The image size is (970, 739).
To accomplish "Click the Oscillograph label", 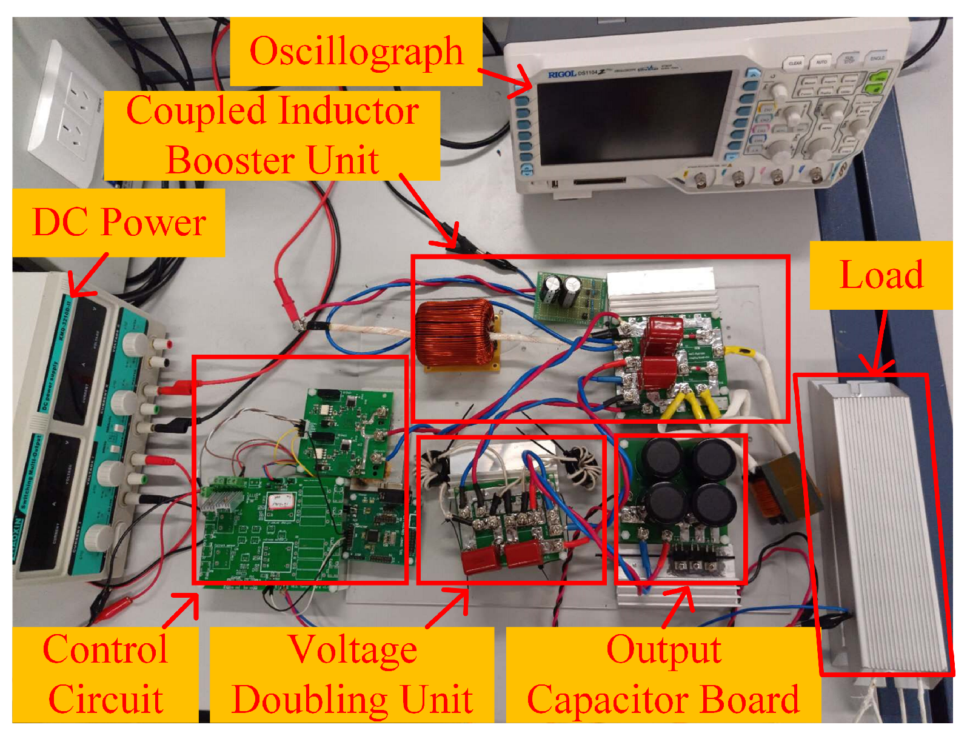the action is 356,52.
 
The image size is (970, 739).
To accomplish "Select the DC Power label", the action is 119,222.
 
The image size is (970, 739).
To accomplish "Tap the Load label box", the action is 881,275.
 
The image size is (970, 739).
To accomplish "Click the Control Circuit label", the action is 105,674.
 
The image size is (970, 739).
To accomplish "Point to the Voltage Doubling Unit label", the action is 352,674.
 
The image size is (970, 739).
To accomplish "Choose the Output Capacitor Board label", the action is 663,674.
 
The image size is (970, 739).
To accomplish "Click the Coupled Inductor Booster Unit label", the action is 272,135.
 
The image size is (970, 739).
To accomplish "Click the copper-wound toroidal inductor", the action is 455,333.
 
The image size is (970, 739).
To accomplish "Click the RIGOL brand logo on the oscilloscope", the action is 561,74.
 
